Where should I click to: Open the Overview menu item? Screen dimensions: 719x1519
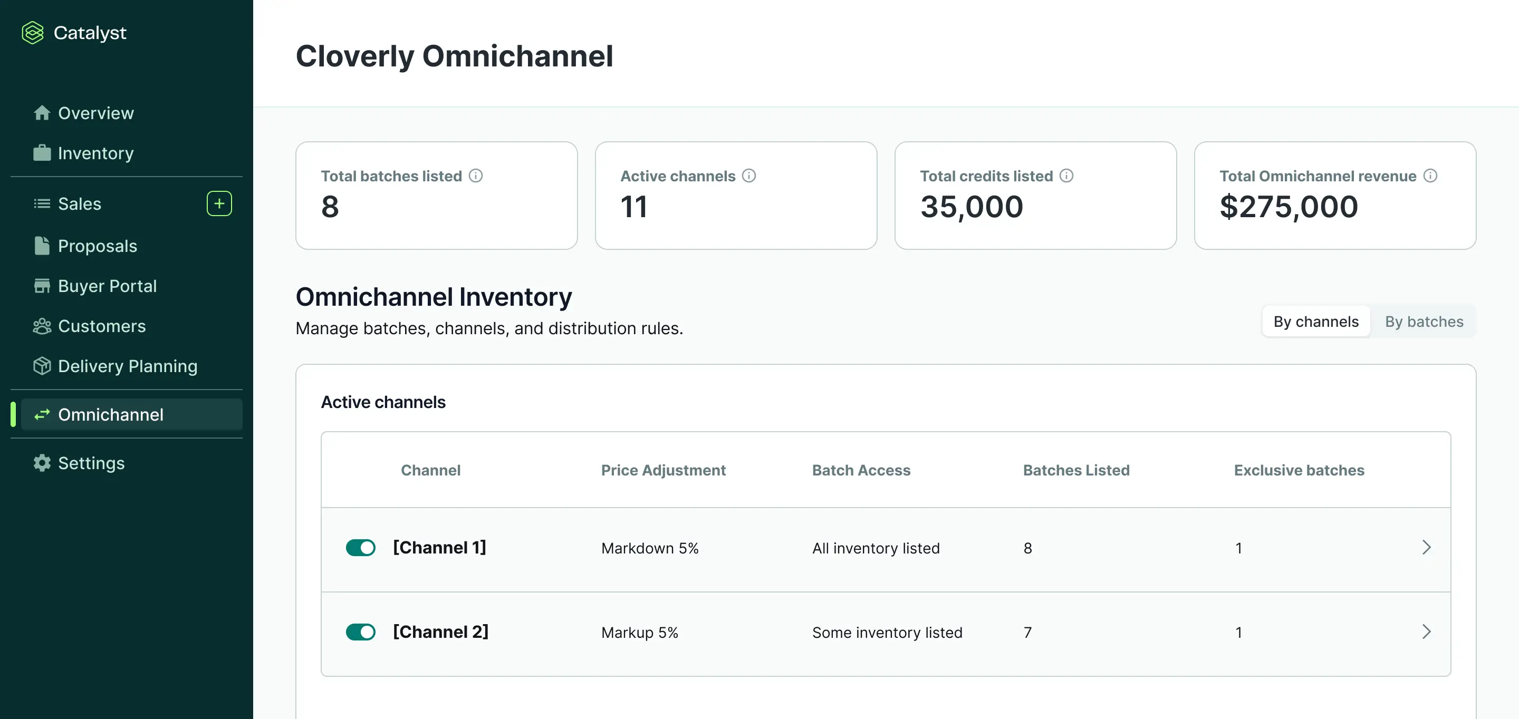(95, 113)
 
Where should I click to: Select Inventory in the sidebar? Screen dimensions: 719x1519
(95, 153)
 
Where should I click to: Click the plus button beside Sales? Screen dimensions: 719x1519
(219, 203)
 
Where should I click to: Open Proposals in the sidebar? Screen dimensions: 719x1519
(97, 246)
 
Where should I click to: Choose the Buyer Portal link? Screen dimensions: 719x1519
(107, 286)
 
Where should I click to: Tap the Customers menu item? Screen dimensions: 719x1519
(101, 326)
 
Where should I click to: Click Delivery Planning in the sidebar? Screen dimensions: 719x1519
(127, 366)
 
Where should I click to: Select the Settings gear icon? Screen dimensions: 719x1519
(42, 463)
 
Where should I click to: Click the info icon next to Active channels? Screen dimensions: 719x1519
(749, 176)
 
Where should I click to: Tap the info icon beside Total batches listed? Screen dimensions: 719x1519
(476, 176)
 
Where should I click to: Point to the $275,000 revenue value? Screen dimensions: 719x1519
(1289, 207)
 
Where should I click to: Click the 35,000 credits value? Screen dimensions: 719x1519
(971, 207)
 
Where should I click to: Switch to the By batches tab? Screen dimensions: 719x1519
(1424, 321)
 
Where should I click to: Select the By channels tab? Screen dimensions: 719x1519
(1315, 321)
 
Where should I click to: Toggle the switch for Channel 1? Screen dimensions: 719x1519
(360, 548)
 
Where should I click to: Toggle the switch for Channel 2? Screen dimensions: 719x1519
(360, 632)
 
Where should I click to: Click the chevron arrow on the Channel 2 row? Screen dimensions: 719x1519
(1426, 632)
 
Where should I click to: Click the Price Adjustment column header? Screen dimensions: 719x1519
(663, 470)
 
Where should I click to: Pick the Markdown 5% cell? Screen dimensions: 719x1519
(649, 548)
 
